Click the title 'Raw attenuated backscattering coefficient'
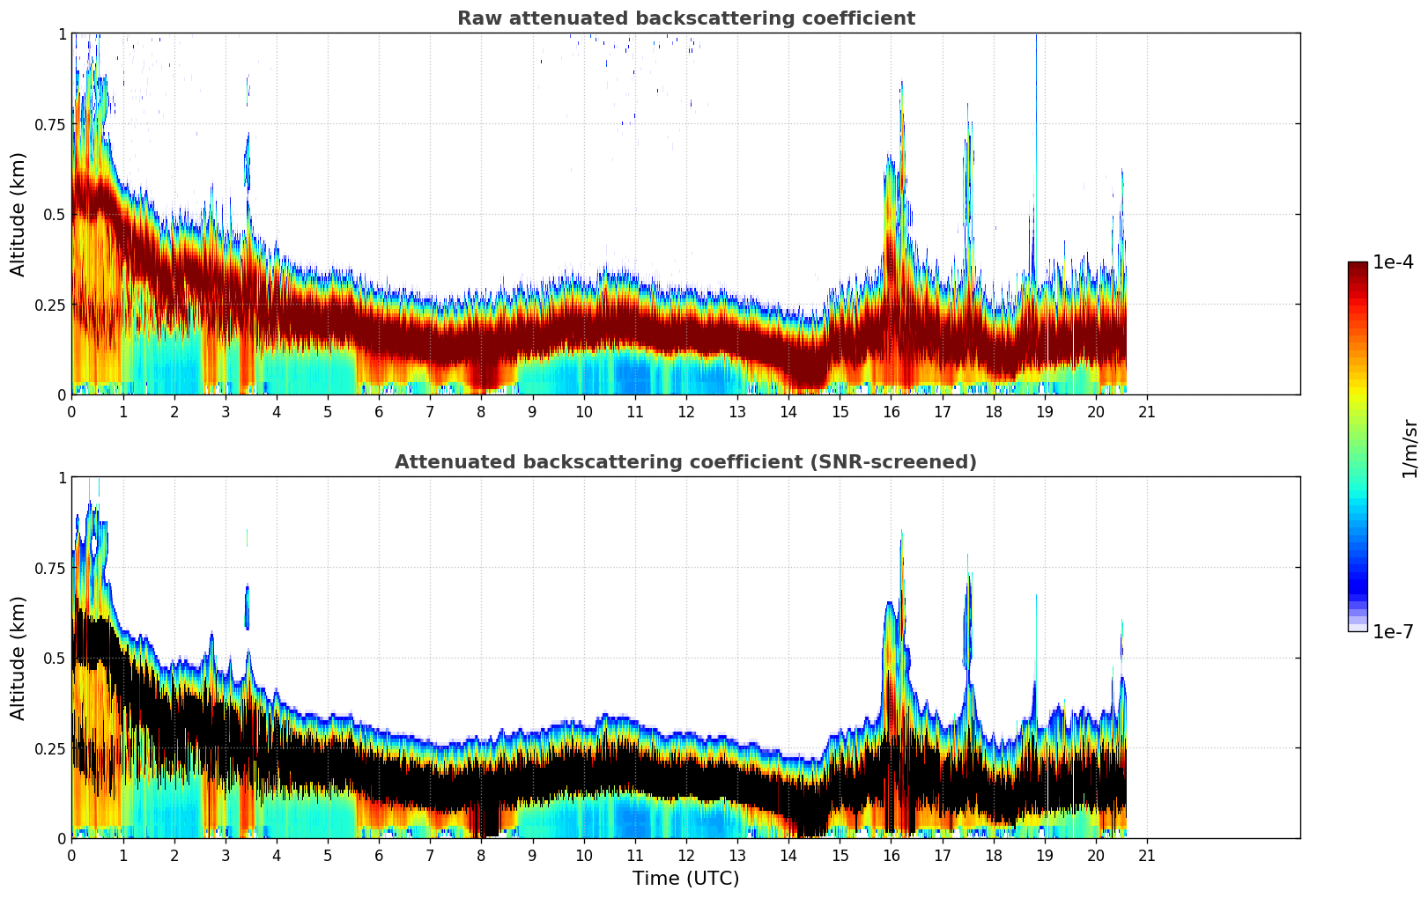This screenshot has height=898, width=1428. (685, 18)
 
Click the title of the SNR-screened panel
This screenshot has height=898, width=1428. (685, 462)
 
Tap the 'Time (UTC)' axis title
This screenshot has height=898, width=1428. (685, 878)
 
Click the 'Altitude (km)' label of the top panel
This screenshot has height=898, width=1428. (18, 214)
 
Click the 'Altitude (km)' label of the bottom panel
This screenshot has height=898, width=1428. (18, 658)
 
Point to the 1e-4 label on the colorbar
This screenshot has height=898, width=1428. (1393, 262)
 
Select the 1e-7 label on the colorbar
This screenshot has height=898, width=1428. (1393, 631)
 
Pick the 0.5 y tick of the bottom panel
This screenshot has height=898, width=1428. (55, 658)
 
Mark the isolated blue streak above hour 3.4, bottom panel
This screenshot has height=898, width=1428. (248, 607)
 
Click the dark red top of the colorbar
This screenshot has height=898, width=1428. (1357, 268)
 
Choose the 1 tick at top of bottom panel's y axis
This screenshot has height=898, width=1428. (62, 477)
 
